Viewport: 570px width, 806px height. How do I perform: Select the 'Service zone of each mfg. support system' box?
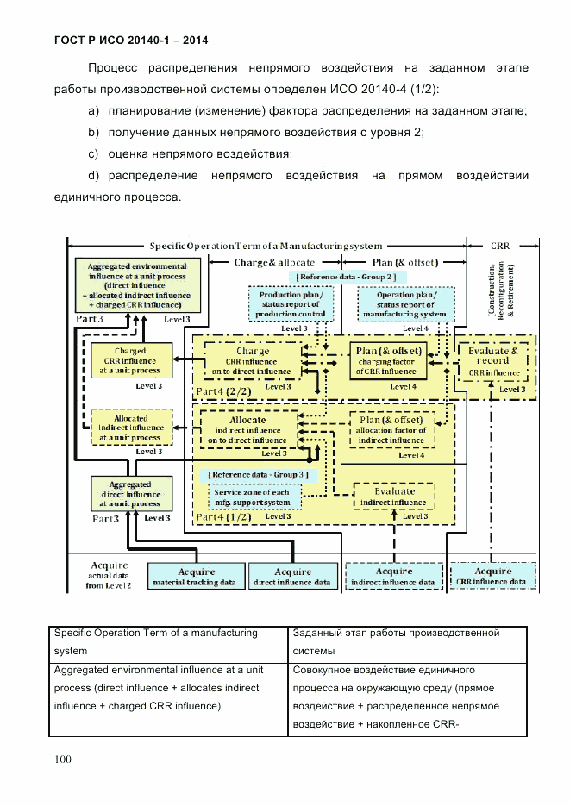[255, 497]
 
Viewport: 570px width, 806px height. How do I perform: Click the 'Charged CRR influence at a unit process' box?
[129, 362]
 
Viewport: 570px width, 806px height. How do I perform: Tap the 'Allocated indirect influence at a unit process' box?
[129, 428]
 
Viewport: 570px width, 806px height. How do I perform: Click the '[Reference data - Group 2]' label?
[345, 276]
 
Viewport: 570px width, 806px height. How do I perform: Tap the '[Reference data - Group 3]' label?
[258, 474]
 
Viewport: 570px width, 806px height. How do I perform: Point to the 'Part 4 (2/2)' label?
[226, 392]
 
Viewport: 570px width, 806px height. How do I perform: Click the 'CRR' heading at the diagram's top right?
[500, 246]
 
